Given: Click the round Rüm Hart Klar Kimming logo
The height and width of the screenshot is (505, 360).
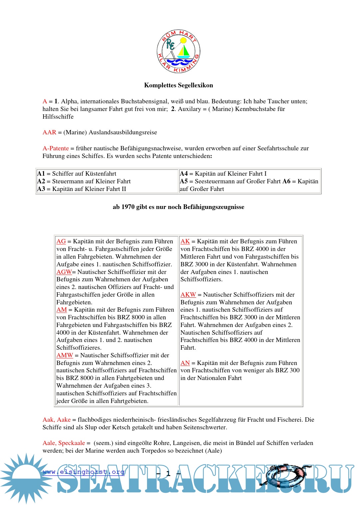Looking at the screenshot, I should click(178, 51).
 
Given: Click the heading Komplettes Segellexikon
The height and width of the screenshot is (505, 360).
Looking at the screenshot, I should click(178, 85).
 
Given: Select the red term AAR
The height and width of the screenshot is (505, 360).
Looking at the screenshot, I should click(49, 132).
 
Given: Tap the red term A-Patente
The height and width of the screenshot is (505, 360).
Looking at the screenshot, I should click(56, 148).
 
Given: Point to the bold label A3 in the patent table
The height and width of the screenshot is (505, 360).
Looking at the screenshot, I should click(41, 189).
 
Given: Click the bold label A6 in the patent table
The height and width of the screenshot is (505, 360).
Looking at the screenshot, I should click(286, 181).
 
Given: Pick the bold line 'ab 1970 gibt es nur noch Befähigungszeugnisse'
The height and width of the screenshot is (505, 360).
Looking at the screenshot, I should click(178, 207).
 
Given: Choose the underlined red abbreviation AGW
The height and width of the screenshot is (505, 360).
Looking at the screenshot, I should click(64, 272).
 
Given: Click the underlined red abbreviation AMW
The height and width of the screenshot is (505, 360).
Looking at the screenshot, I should click(65, 355).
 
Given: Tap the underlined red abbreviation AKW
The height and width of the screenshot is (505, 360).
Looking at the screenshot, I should click(188, 295).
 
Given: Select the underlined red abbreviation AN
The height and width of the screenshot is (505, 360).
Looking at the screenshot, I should click(185, 363).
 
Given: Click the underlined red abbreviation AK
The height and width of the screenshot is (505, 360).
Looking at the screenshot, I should click(185, 241).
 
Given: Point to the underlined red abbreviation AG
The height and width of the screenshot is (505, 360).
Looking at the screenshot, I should click(61, 241).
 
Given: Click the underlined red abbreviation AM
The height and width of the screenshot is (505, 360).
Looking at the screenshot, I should click(62, 310).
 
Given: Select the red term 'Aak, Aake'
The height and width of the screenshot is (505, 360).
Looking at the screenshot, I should click(57, 420).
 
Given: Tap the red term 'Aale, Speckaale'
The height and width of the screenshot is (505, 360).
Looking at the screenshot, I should click(64, 443).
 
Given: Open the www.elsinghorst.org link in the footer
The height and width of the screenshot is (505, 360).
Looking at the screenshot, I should click(84, 472).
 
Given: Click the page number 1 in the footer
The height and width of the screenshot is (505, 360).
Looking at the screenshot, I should click(168, 473).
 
